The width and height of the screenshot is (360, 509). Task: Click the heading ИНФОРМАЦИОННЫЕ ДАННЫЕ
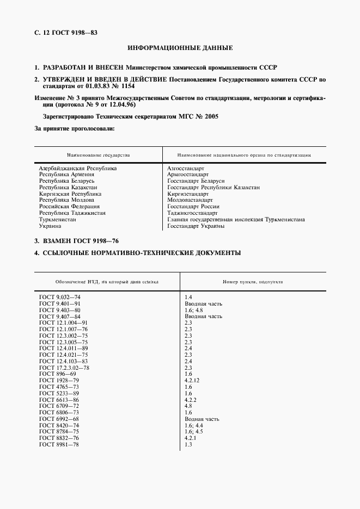click(x=180, y=48)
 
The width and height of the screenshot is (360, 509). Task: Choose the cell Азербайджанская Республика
click(x=78, y=169)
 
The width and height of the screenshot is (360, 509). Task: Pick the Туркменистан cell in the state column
click(x=58, y=219)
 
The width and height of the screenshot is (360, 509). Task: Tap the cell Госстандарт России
click(x=193, y=207)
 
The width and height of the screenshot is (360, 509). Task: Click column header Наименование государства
click(x=99, y=155)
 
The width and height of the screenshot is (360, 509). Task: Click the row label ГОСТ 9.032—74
click(x=60, y=297)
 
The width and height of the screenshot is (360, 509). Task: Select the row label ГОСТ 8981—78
click(x=59, y=445)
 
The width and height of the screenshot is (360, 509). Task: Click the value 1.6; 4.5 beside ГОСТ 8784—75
click(x=193, y=432)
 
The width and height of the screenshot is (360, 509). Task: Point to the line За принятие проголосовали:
click(x=75, y=129)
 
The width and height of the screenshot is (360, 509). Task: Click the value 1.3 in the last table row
click(x=188, y=445)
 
